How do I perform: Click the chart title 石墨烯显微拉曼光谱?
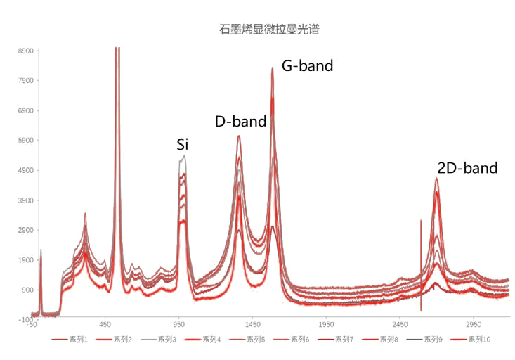(269, 30)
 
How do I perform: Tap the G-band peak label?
(308, 66)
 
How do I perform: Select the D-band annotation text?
(241, 122)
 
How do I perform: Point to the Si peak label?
(182, 145)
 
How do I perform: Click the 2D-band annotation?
(468, 168)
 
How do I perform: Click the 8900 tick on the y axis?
(25, 51)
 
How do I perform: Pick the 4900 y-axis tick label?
(25, 170)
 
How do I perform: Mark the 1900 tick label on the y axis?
(25, 260)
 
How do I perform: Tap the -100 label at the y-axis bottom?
(25, 319)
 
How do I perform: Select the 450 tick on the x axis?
(105, 325)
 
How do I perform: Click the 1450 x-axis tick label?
(252, 325)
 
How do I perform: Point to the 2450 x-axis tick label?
(400, 325)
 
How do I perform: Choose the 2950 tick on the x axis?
(474, 325)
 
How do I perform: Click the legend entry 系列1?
(70, 340)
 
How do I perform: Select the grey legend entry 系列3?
(158, 340)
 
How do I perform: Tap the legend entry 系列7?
(335, 340)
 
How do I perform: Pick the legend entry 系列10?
(471, 340)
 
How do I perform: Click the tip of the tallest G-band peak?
(273, 67)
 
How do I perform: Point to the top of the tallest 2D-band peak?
(436, 178)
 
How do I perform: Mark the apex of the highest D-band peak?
(239, 136)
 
